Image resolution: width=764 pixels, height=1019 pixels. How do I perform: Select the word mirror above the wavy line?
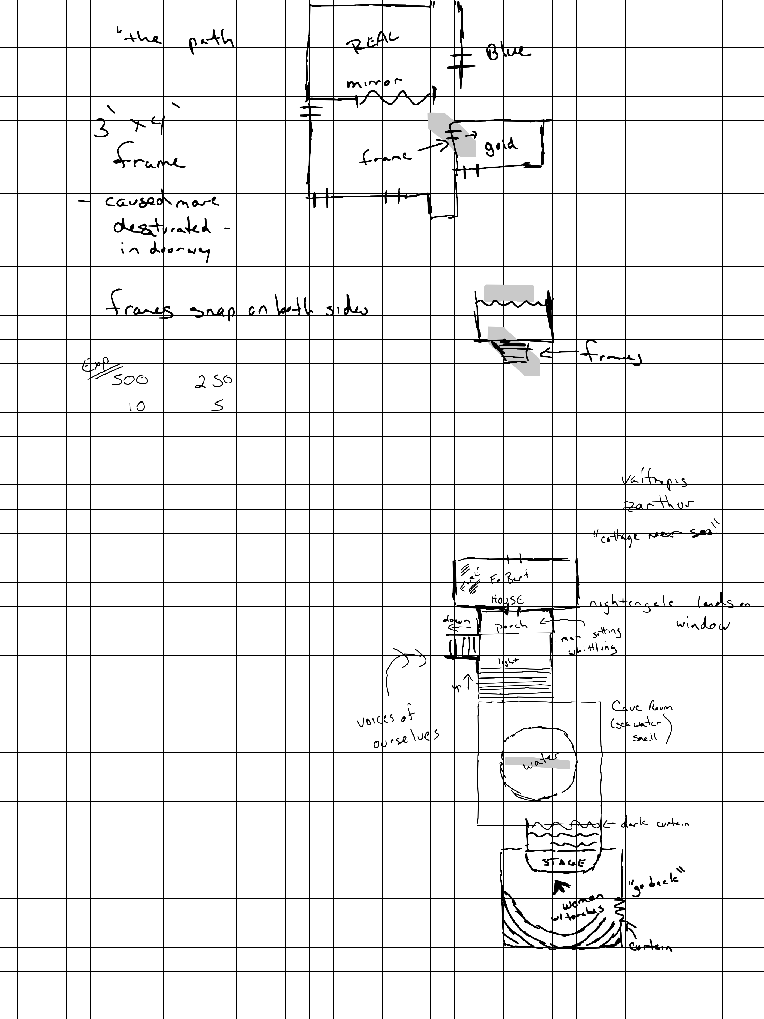coord(374,83)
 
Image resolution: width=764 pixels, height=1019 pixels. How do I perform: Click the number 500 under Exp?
coord(130,380)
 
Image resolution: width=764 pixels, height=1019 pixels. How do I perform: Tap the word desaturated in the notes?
coord(162,228)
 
